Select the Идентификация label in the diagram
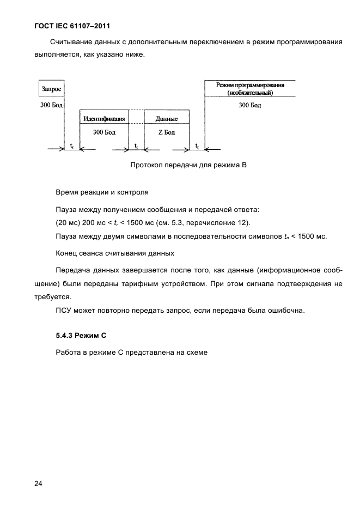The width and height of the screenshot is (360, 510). tap(104, 118)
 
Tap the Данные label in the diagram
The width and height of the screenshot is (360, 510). tap(166, 118)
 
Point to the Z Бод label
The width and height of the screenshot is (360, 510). tap(166, 132)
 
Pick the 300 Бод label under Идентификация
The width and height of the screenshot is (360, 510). tap(104, 132)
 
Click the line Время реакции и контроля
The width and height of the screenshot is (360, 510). tap(101, 192)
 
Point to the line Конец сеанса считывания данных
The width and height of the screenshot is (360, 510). tap(115, 253)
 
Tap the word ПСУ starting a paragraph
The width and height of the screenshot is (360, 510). tap(65, 311)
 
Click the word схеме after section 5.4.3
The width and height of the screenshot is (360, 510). tap(197, 353)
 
